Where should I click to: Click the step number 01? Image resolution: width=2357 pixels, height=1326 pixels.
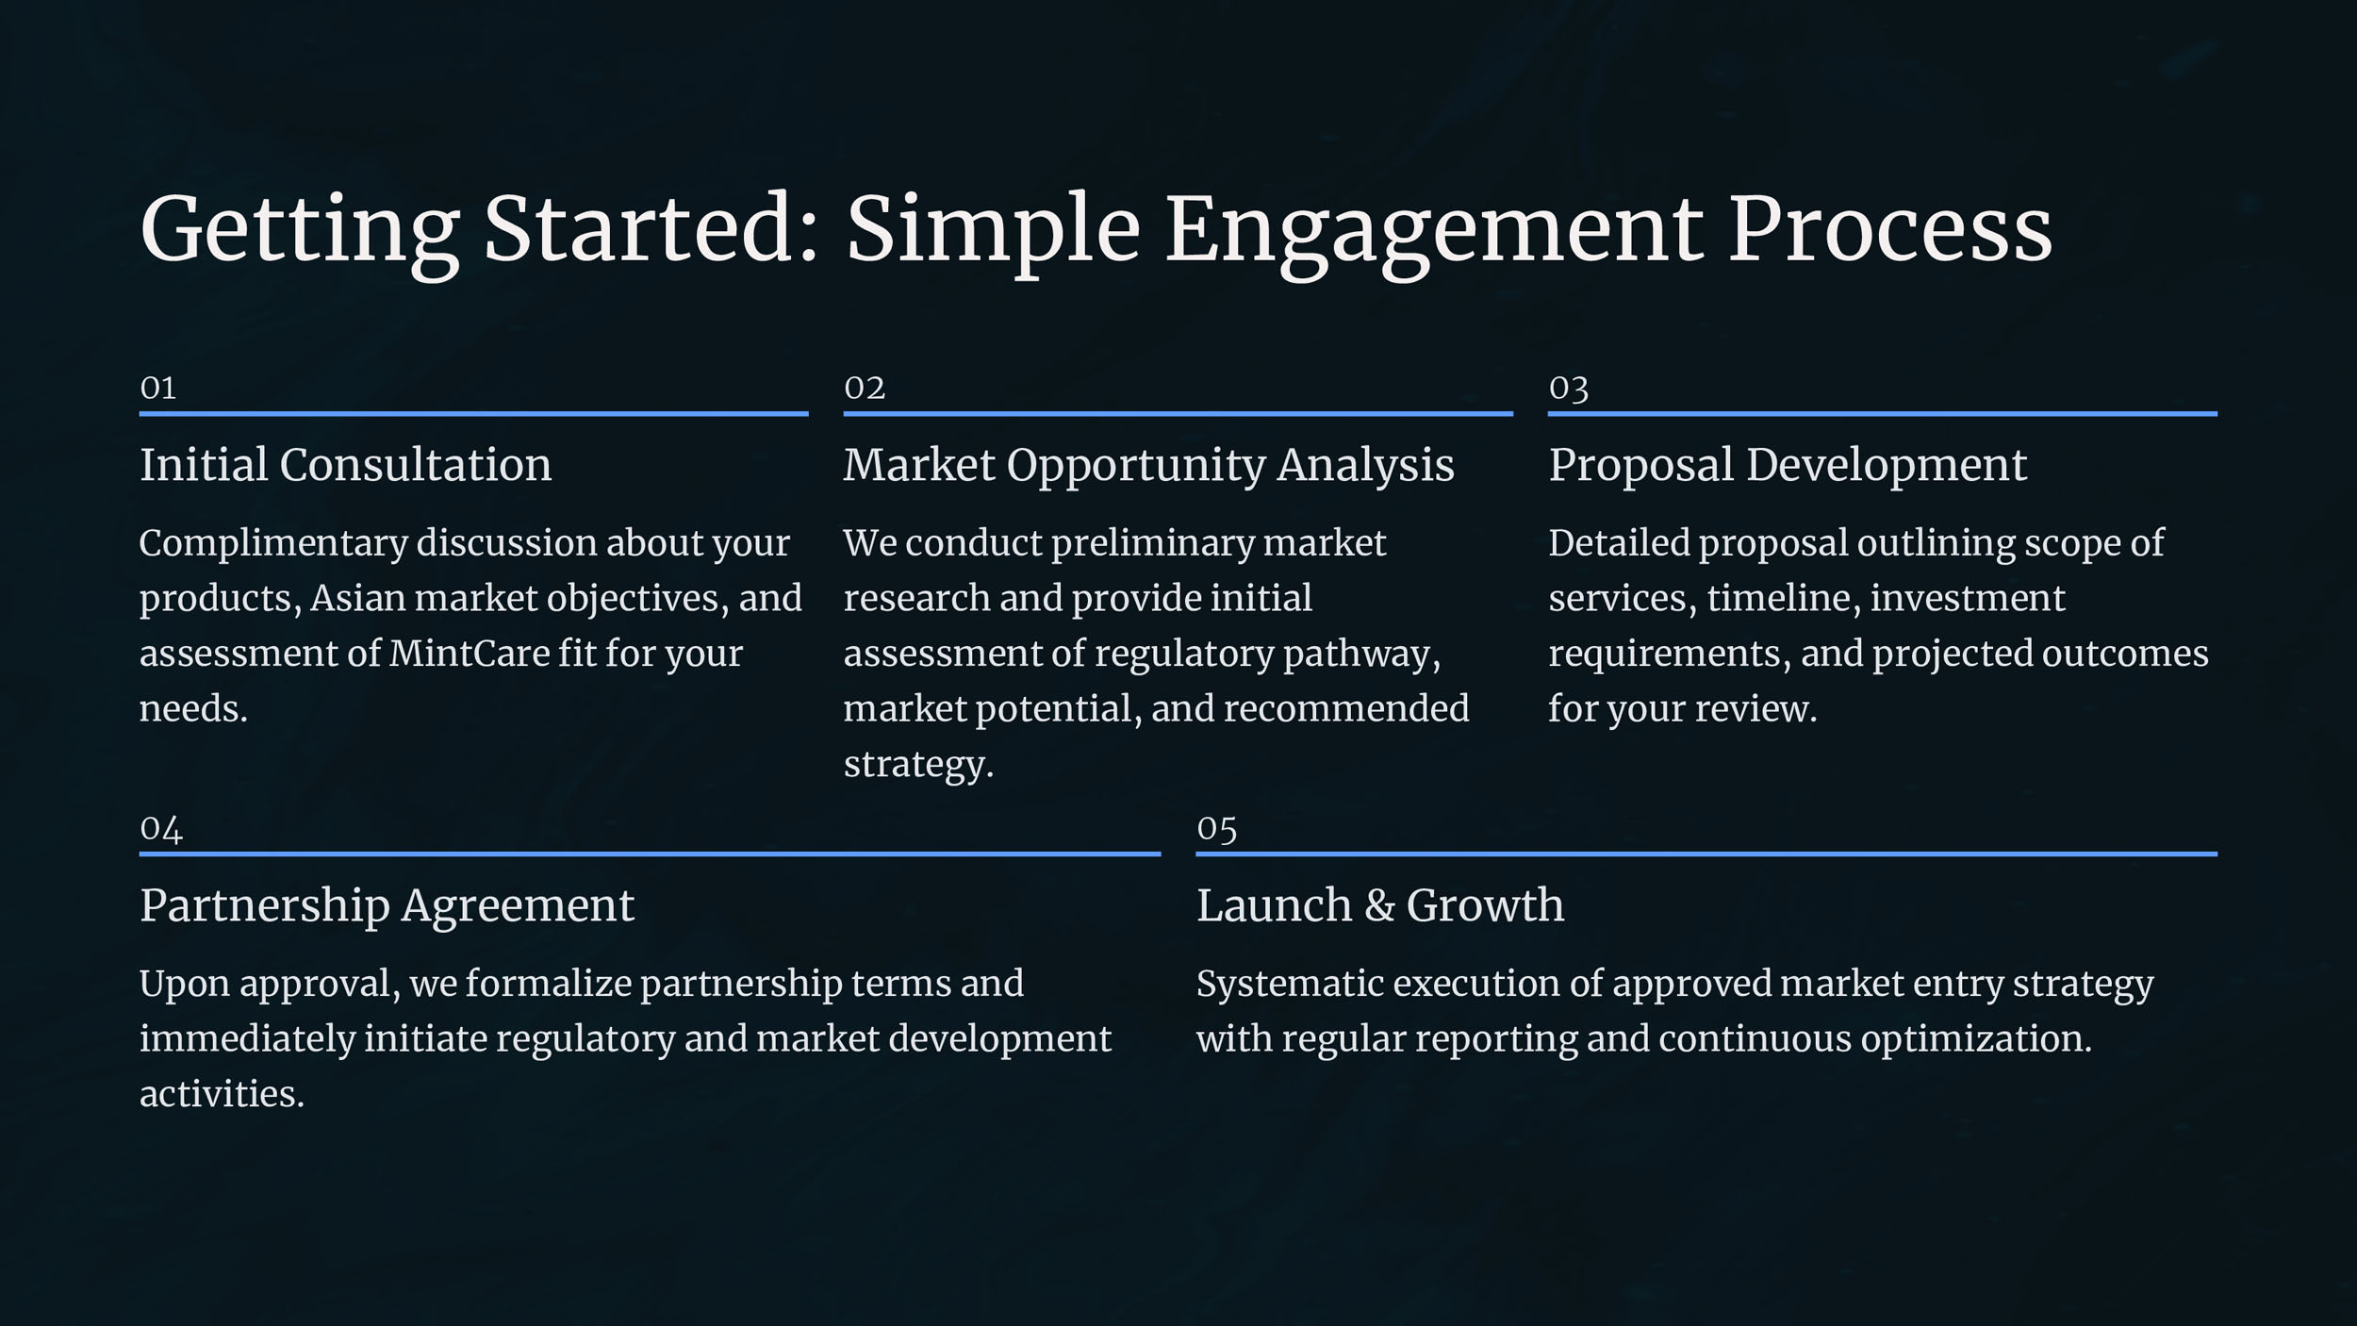tap(157, 388)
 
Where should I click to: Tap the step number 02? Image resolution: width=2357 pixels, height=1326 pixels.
tap(865, 388)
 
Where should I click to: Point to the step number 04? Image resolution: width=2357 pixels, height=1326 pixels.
tap(160, 829)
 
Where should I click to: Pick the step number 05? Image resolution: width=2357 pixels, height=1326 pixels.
tap(1216, 829)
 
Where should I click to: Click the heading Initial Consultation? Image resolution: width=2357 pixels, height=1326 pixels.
tap(345, 464)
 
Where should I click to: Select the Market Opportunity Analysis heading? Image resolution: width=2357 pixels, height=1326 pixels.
tap(1148, 466)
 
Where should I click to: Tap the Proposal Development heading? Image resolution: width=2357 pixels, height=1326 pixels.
tap(1787, 466)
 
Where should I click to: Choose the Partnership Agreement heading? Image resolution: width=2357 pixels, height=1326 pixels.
tap(387, 906)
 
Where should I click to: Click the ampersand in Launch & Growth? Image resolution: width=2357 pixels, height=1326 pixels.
tap(1378, 906)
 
